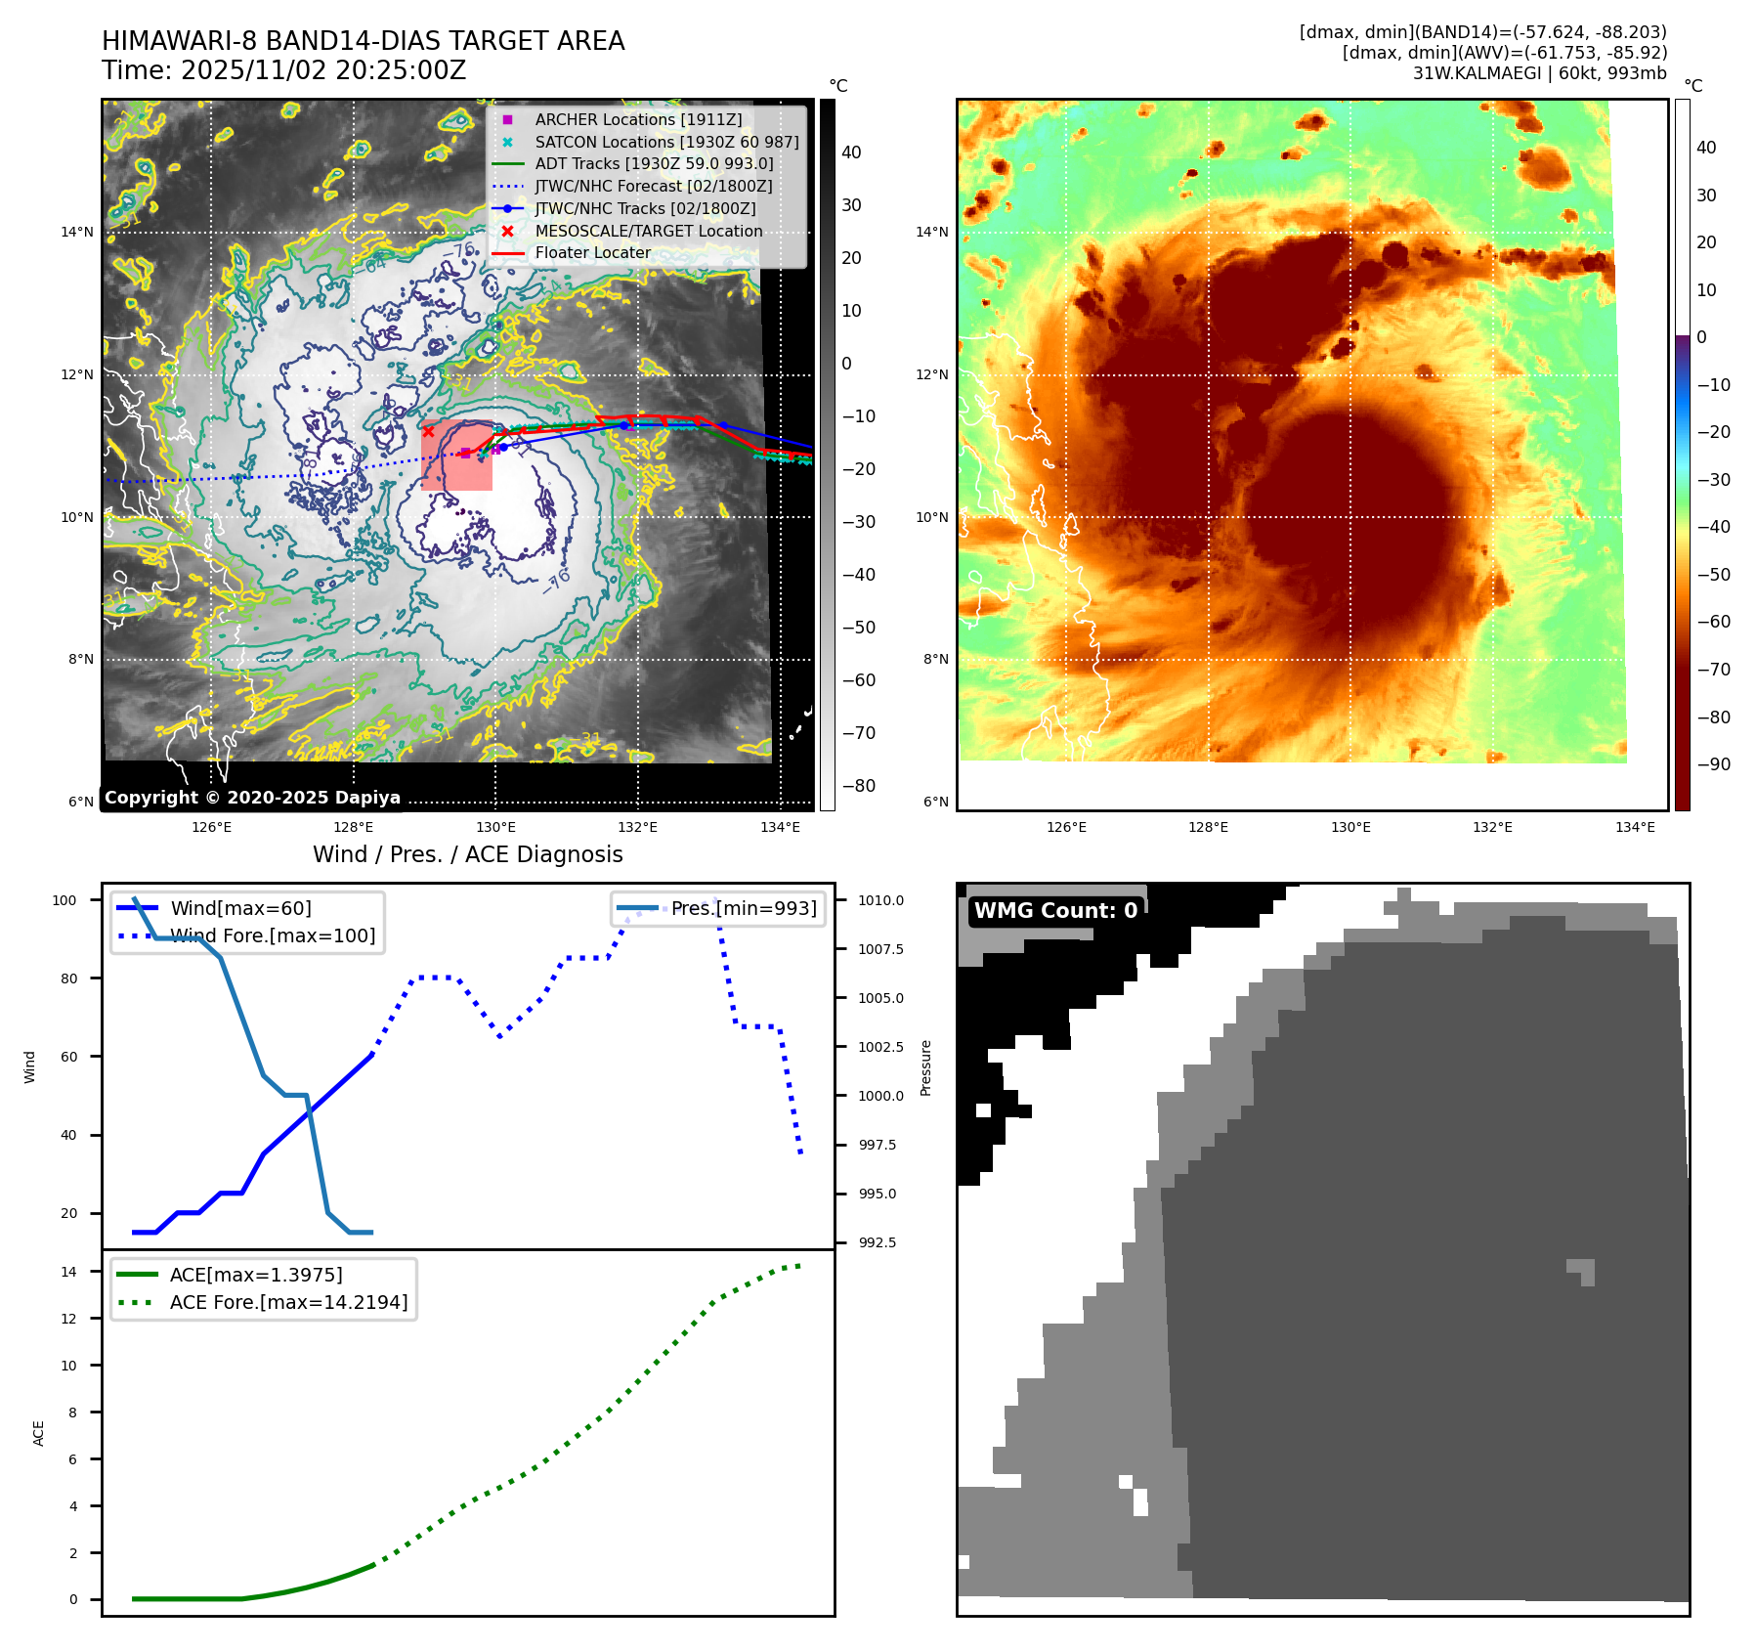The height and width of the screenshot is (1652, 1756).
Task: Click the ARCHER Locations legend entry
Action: click(x=638, y=119)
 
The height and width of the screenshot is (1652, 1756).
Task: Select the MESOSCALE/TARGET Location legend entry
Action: click(x=648, y=231)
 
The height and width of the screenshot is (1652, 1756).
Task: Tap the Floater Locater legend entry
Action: click(x=592, y=252)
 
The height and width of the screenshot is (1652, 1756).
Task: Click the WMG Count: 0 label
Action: click(x=1055, y=910)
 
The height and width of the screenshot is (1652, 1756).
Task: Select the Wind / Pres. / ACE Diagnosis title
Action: click(x=467, y=854)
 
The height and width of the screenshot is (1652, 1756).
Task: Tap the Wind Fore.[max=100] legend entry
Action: click(x=273, y=935)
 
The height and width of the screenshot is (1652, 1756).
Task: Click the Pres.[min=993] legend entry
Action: click(x=744, y=908)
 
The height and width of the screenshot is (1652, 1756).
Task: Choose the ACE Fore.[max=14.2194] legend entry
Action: click(x=288, y=1302)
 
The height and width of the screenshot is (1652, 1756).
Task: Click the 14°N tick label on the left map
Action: click(x=77, y=233)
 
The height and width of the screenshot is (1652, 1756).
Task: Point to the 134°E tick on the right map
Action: click(x=1635, y=827)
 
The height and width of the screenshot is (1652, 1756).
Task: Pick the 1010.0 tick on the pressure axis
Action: click(x=880, y=900)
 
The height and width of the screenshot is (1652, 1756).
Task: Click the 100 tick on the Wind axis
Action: click(x=64, y=900)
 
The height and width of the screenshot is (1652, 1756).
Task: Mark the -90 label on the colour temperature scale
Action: click(x=1713, y=764)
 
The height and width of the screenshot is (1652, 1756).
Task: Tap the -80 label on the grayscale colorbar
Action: click(x=858, y=786)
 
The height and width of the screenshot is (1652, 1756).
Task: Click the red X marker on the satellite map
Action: click(x=428, y=431)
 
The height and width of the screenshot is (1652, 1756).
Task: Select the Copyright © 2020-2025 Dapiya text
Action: click(x=252, y=798)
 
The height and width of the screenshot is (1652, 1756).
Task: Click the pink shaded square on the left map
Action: click(x=456, y=456)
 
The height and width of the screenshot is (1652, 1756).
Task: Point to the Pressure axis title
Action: click(x=925, y=1067)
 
